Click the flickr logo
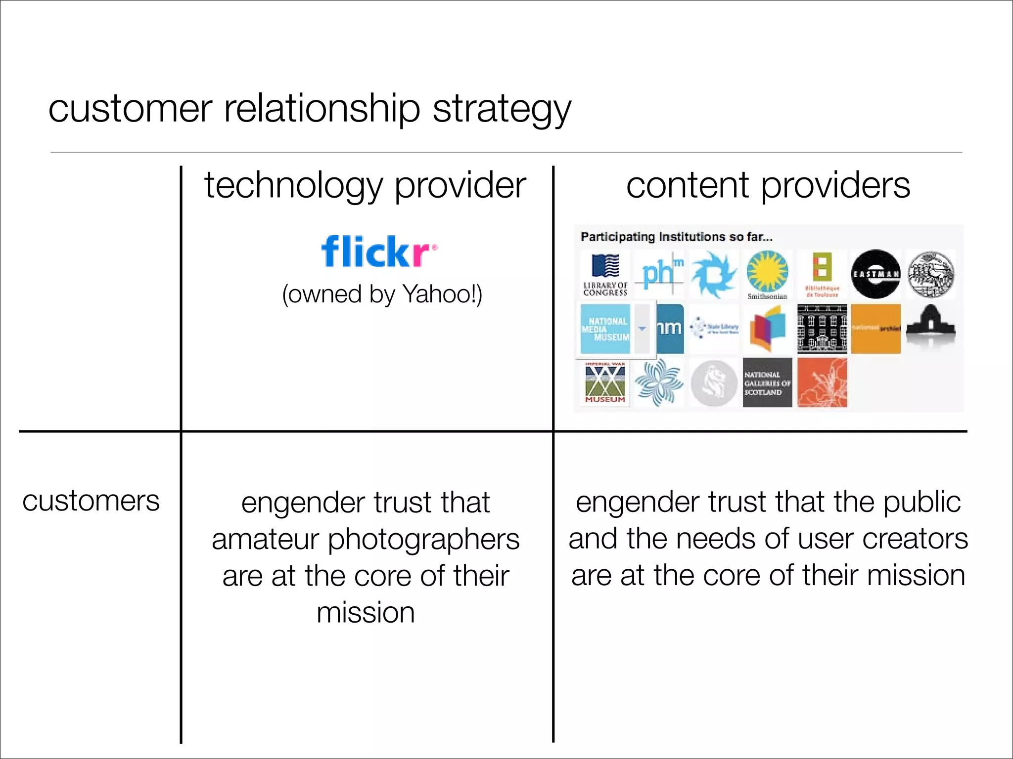[378, 251]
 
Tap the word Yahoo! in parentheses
[442, 294]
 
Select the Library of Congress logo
[605, 274]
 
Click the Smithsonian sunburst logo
[767, 273]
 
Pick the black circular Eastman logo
[875, 274]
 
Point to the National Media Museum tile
[605, 329]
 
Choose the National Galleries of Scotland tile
[767, 383]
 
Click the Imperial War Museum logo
[605, 383]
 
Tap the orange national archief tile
[875, 329]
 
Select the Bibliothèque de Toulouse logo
[822, 274]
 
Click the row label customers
[91, 501]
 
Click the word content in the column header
[688, 186]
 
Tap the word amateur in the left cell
[265, 539]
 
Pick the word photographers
[423, 539]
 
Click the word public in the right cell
[921, 502]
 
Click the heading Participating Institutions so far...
[676, 237]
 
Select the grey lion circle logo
[713, 383]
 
